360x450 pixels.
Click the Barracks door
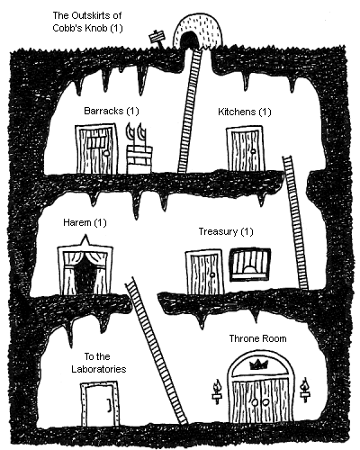point(96,148)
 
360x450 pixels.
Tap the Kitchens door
point(246,148)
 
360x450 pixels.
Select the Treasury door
point(205,272)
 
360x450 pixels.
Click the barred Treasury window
point(250,265)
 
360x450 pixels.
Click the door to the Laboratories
point(100,403)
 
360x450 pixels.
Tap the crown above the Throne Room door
point(258,364)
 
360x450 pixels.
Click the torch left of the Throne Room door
point(217,391)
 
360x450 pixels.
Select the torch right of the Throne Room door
point(305,390)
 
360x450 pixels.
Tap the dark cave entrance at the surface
point(189,40)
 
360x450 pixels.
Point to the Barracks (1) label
point(112,111)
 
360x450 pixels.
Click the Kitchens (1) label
point(245,112)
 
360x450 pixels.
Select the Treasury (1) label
point(226,231)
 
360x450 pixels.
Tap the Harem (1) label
point(85,222)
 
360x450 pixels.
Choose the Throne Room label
point(258,338)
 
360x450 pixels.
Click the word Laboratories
point(99,369)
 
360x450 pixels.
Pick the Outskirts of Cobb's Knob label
point(87,22)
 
